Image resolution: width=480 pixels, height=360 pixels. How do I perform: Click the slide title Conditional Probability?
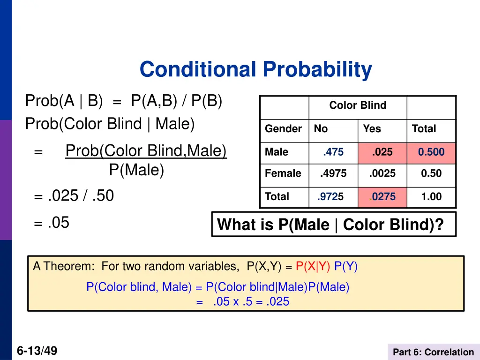point(255,70)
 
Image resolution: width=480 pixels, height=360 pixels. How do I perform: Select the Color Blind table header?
point(358,105)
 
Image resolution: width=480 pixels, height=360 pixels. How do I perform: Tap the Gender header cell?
point(283,129)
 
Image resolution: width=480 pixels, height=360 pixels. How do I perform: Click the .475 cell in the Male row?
point(333,152)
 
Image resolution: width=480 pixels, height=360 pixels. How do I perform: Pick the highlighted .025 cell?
point(382,152)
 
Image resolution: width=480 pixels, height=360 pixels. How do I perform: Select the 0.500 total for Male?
point(431,152)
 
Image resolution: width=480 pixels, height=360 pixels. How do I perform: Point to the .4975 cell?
point(333,173)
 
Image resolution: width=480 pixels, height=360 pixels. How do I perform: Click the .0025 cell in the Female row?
point(382,173)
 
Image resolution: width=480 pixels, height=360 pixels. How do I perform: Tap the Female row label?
point(283,173)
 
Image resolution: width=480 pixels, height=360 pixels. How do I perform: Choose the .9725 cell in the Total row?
point(330,197)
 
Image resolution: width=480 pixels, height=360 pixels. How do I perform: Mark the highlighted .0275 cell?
point(382,197)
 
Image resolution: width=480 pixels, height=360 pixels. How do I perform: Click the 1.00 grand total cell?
point(431,197)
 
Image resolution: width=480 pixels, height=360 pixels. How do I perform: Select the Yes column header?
point(372,129)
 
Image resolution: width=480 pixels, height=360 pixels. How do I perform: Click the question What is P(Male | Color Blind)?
point(330,225)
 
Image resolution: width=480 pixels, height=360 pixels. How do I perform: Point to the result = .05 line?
point(52,223)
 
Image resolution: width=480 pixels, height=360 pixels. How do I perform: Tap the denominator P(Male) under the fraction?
point(136,170)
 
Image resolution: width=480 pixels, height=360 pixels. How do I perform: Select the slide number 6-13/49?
point(37,351)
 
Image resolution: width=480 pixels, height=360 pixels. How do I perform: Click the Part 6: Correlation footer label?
point(433,352)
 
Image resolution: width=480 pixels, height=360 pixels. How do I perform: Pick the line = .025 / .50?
point(74,195)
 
